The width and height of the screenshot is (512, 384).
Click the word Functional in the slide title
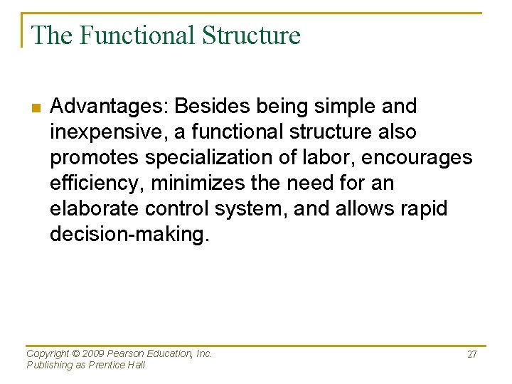(137, 35)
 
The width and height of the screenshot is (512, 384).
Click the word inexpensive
(107, 132)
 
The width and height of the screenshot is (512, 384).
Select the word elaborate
(95, 209)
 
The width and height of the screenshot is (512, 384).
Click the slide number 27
(472, 354)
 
